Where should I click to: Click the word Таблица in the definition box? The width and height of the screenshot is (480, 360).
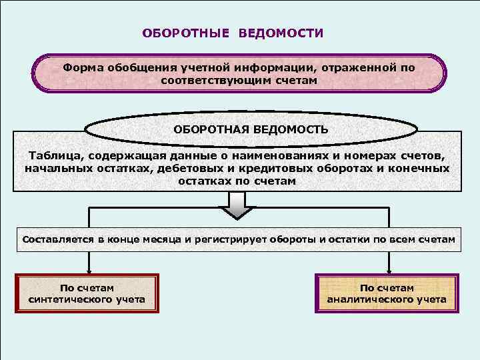53,155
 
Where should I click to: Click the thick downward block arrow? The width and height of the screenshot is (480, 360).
237,205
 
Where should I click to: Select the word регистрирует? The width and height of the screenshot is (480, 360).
228,239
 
